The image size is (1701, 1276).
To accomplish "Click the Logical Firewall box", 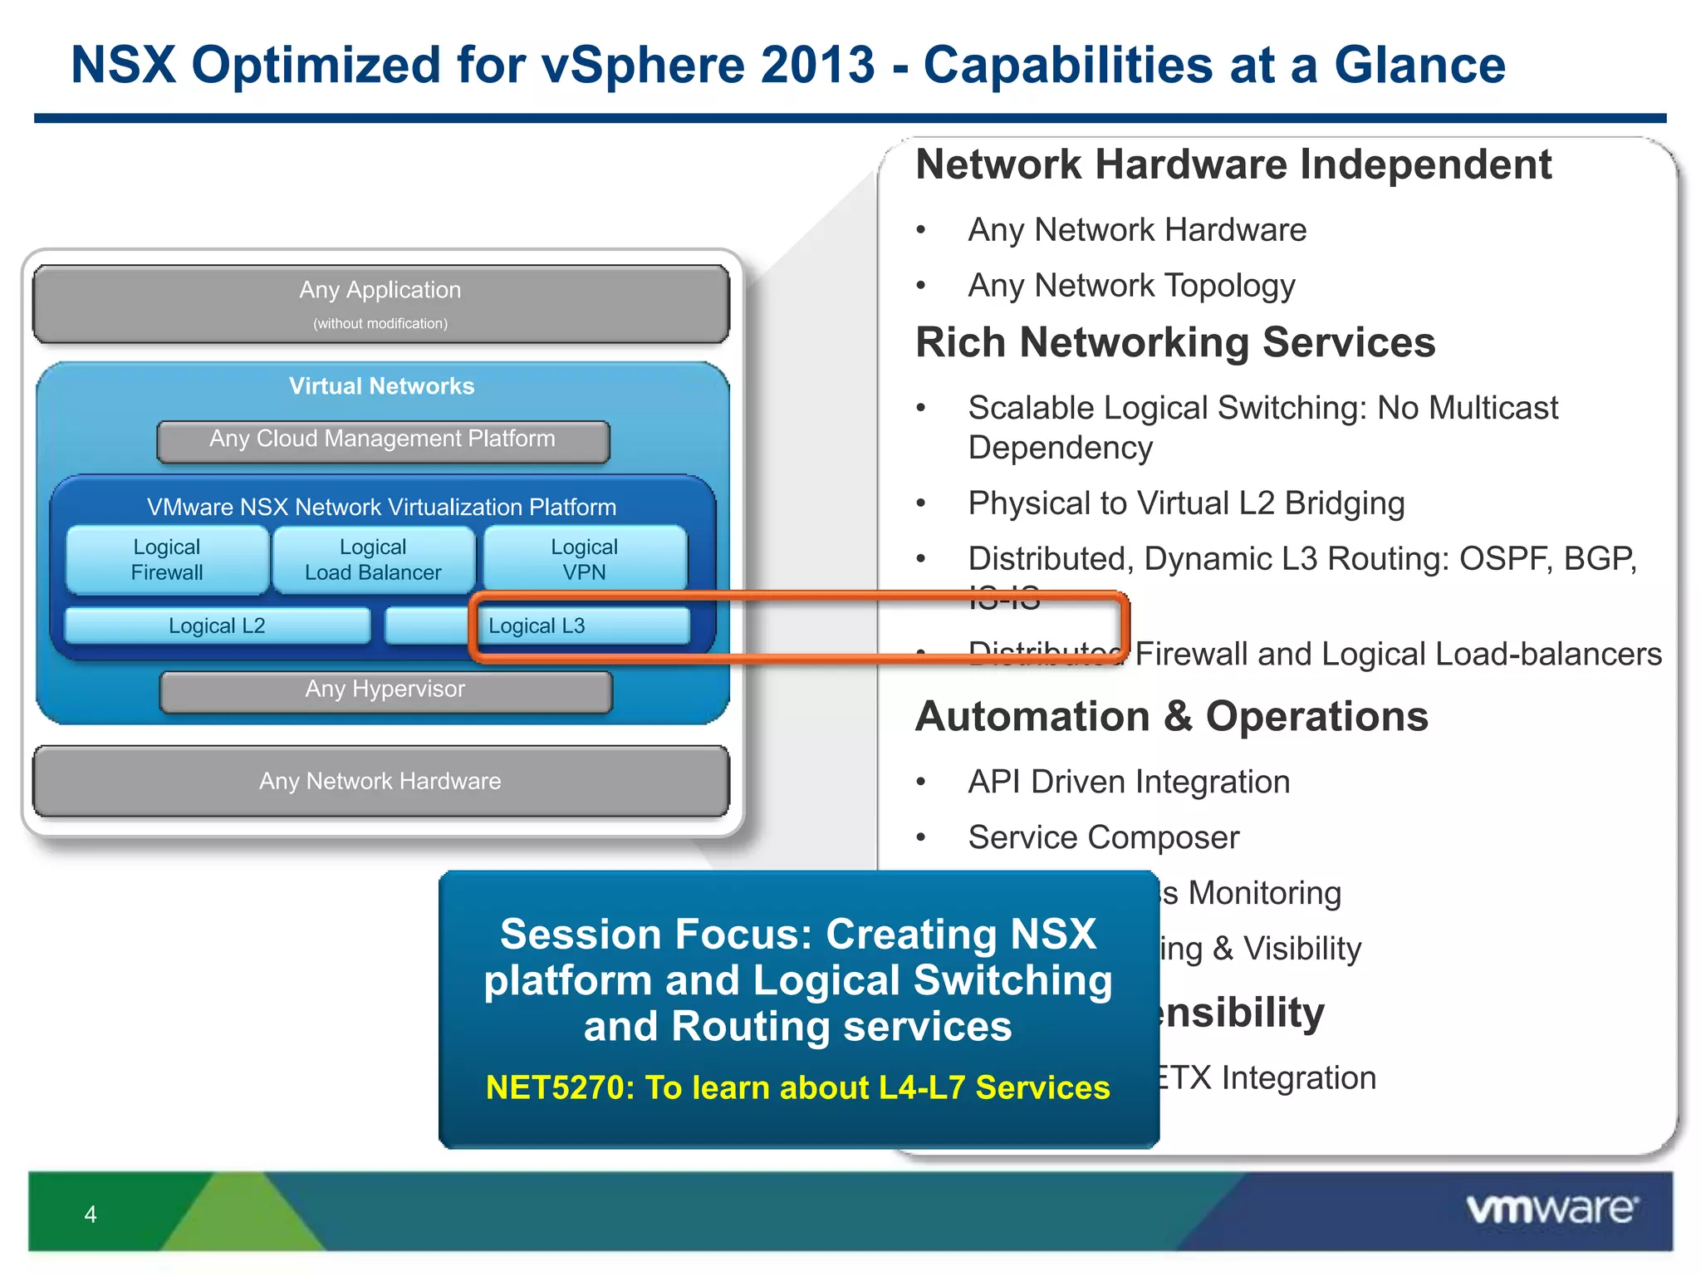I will pyautogui.click(x=167, y=560).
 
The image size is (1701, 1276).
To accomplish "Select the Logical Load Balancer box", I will pyautogui.click(x=373, y=560).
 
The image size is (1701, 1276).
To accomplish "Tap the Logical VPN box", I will pyautogui.click(x=585, y=560).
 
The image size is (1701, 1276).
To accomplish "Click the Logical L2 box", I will pyautogui.click(x=217, y=626).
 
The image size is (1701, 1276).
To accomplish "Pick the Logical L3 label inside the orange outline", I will pyautogui.click(x=537, y=626).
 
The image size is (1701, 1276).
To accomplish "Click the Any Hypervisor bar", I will pyautogui.click(x=385, y=690).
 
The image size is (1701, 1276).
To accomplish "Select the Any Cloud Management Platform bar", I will pyautogui.click(x=382, y=439).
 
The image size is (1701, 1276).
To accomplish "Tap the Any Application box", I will pyautogui.click(x=380, y=303).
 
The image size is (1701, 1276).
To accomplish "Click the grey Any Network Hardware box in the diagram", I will pyautogui.click(x=380, y=781).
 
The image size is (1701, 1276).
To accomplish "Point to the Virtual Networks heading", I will pyautogui.click(x=381, y=386).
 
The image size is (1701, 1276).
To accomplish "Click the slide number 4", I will pyautogui.click(x=91, y=1215).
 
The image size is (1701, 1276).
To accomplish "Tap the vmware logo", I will pyautogui.click(x=1551, y=1210).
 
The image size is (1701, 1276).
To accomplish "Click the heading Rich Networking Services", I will pyautogui.click(x=1174, y=342).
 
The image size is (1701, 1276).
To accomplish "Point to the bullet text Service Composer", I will pyautogui.click(x=1103, y=837).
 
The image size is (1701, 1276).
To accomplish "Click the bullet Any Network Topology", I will pyautogui.click(x=1131, y=286).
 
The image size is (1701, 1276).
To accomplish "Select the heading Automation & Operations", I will pyautogui.click(x=1171, y=717).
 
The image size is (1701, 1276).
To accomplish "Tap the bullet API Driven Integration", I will pyautogui.click(x=1129, y=782).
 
